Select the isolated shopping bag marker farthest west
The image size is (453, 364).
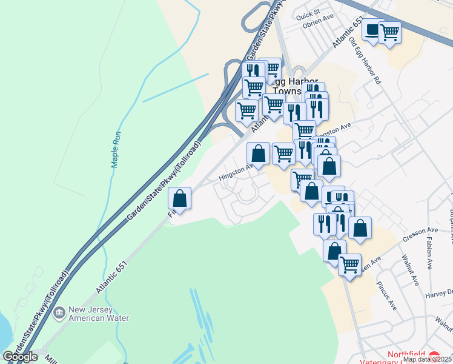180,198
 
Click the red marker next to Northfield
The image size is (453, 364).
434,355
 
